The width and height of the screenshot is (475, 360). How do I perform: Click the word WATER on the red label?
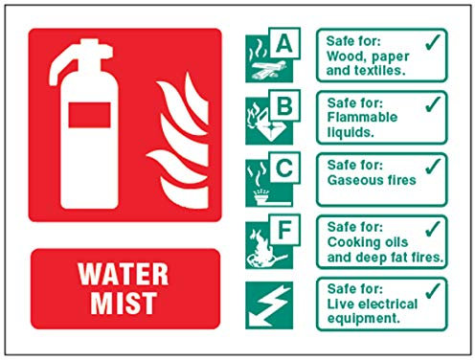[x=123, y=274]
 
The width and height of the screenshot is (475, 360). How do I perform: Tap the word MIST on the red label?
[x=124, y=303]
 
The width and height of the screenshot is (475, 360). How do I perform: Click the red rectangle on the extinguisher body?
[x=90, y=115]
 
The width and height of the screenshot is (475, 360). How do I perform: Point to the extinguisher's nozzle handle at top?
[x=79, y=59]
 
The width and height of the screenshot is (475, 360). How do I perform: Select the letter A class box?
[x=284, y=43]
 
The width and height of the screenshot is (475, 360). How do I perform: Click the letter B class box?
[x=284, y=105]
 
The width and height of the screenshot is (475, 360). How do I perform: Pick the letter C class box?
[x=284, y=168]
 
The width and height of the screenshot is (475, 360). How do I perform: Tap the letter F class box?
[x=284, y=230]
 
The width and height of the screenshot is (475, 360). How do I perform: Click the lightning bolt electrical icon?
[x=269, y=305]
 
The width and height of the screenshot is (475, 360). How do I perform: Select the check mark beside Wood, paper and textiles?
[x=433, y=42]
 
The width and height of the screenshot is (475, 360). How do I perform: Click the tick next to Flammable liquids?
[x=433, y=104]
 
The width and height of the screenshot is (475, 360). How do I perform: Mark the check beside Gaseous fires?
[x=433, y=167]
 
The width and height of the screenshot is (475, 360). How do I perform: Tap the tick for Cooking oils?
[x=433, y=229]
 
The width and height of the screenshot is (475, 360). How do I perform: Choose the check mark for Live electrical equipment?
[x=433, y=290]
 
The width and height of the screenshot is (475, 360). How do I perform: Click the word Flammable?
[x=362, y=117]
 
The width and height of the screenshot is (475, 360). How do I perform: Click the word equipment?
[x=364, y=319]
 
